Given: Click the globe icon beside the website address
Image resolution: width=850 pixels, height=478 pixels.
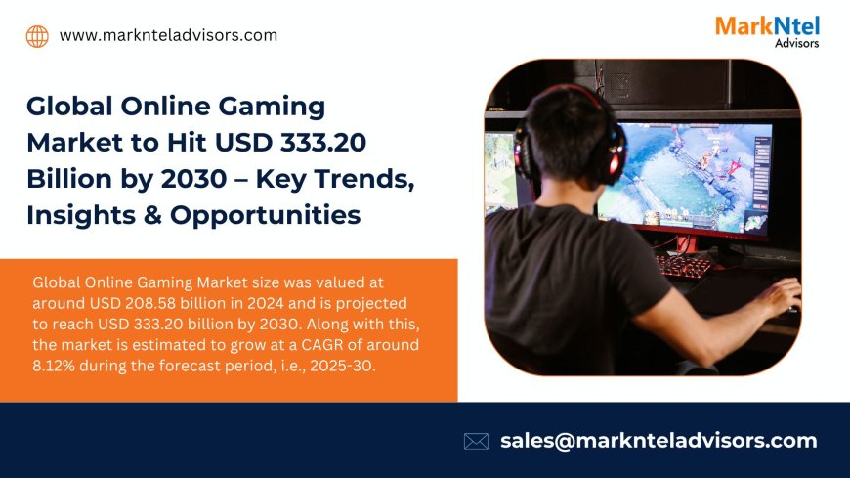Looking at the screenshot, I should tap(37, 36).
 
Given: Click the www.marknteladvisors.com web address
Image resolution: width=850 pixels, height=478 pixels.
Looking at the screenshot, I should tap(168, 35).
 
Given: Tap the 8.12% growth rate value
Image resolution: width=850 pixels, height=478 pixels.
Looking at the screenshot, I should tap(56, 364).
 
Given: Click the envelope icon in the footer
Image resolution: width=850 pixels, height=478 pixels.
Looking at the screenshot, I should tap(476, 441).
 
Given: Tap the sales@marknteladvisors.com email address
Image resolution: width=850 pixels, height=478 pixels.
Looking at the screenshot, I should tap(659, 441).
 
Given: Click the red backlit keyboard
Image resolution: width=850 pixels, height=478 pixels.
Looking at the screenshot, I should tap(683, 266).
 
